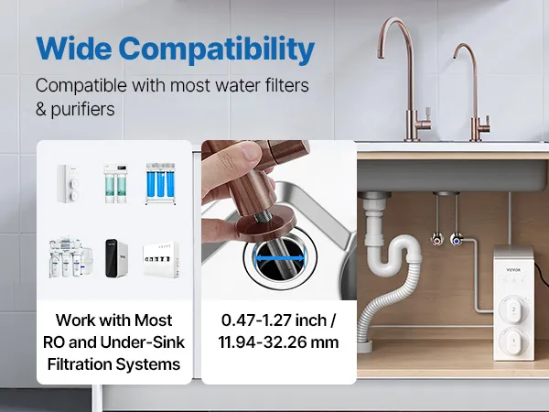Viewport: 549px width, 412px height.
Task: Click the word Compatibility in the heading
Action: (x=217, y=49)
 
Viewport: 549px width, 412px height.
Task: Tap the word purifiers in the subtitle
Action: (x=82, y=110)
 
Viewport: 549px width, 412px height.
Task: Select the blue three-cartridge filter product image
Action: (x=160, y=184)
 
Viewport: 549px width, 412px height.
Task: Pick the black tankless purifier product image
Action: (x=116, y=258)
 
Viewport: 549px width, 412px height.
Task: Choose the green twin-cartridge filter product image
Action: (x=115, y=183)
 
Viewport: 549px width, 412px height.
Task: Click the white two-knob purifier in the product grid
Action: (x=68, y=184)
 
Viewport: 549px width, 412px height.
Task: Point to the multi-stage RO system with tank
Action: (x=70, y=258)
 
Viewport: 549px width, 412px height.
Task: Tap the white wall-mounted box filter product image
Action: (x=161, y=260)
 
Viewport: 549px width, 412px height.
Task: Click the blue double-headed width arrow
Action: (x=279, y=258)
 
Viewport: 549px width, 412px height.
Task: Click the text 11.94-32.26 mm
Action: (x=279, y=342)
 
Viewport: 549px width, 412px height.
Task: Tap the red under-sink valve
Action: (x=437, y=240)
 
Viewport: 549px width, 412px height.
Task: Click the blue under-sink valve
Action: (x=456, y=241)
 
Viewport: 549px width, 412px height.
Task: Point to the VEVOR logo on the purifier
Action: (x=513, y=270)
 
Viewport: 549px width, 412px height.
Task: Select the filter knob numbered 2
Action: (x=513, y=309)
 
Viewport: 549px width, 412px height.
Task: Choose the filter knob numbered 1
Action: (x=513, y=341)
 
